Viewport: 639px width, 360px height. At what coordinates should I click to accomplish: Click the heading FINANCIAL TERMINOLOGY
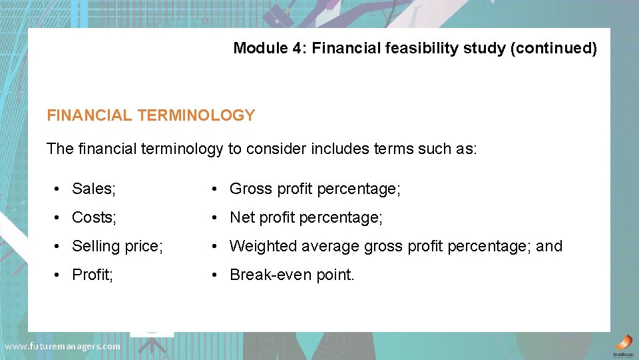point(150,115)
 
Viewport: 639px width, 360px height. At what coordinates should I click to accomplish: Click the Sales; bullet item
point(94,189)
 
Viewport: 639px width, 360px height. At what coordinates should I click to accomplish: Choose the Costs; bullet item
point(94,217)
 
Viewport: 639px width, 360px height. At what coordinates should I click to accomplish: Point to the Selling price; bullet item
point(117,246)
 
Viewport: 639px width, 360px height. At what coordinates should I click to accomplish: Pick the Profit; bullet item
point(93,275)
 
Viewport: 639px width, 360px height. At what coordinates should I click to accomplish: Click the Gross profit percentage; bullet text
point(315,189)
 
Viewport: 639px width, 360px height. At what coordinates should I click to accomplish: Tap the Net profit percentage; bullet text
point(306,217)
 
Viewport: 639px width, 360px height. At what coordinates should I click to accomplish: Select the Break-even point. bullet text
point(292,275)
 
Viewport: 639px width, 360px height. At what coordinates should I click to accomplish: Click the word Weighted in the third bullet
point(263,246)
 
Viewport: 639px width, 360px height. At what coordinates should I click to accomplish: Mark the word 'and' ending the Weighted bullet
point(549,246)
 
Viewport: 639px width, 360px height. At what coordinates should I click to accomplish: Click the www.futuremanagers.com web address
point(63,346)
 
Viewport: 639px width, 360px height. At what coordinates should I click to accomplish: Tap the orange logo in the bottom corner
point(624,342)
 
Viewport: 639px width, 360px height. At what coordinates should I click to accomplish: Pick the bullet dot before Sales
point(59,189)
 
